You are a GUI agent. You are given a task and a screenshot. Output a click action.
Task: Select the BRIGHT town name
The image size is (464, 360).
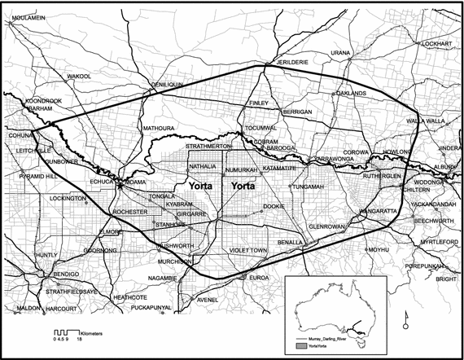(x=446, y=279)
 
